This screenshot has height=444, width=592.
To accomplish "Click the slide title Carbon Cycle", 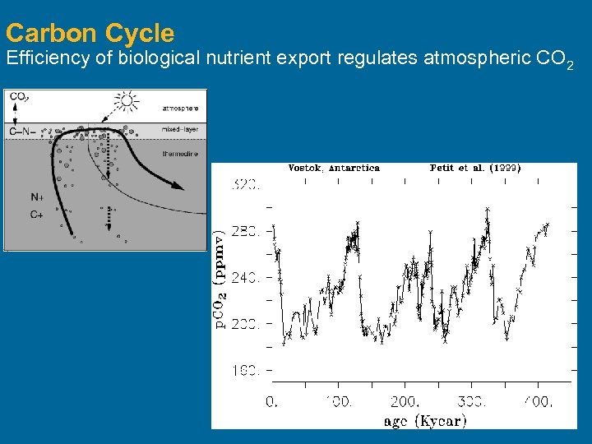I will (90, 33).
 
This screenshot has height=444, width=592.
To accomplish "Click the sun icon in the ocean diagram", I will (126, 101).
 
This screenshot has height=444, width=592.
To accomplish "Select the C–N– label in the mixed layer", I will (22, 132).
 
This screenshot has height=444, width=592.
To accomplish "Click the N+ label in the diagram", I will (37, 197).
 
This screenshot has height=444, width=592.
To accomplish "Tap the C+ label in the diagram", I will (37, 215).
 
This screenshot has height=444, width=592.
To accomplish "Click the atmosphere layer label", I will (178, 108).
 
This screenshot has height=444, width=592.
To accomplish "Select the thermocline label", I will (180, 153).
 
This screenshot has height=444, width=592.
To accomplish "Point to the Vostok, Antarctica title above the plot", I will (334, 168).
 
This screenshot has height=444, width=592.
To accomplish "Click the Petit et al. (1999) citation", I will (474, 168).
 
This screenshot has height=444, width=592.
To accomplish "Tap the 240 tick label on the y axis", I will (247, 278).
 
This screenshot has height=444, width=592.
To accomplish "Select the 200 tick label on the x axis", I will (405, 401).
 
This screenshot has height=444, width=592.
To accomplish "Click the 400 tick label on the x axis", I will (538, 401).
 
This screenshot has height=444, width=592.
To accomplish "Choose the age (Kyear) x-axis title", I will (425, 421).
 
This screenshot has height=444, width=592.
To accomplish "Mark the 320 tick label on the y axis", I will (247, 186).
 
